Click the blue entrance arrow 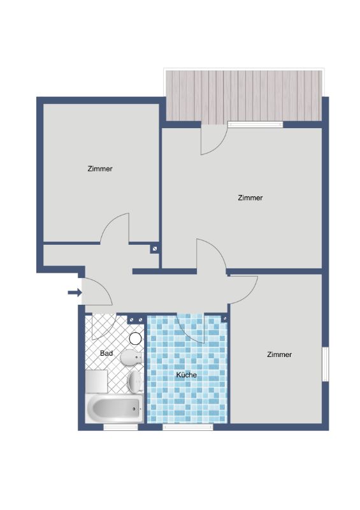pos(75,293)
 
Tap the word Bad pos(106,353)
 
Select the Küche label pos(186,375)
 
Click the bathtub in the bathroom pos(114,409)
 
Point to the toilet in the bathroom pos(132,358)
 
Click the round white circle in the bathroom pos(135,339)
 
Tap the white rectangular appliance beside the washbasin pos(96,381)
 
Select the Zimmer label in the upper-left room pos(100,169)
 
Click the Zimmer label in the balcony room pos(250,198)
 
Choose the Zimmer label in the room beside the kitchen pos(279,354)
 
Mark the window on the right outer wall pos(325,364)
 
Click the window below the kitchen pos(187,426)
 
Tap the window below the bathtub pos(120,426)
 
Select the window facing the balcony pos(256,124)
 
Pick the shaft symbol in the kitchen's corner pos(224,319)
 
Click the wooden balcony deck pos(244,96)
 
